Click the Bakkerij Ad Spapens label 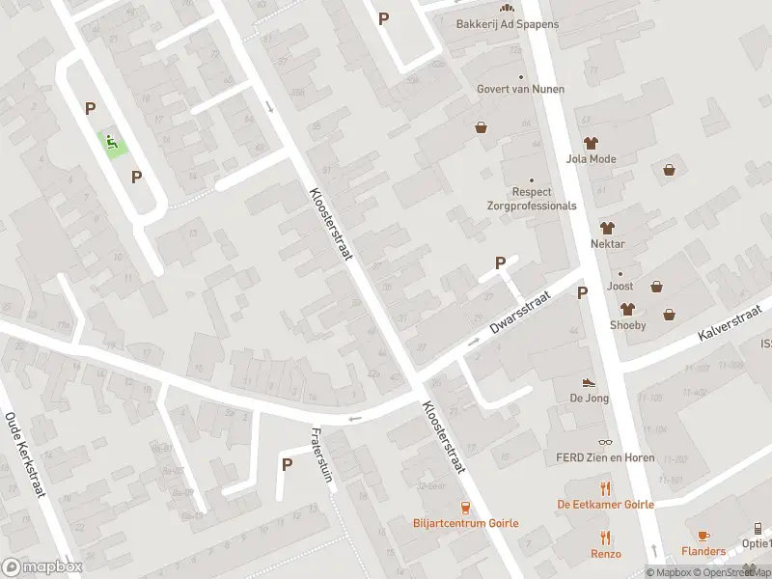tap(495, 23)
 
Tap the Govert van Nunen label tap(520, 89)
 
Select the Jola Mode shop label tap(591, 159)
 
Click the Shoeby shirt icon tap(627, 309)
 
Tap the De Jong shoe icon tap(589, 383)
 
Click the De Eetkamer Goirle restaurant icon tap(605, 488)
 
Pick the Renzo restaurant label tap(606, 554)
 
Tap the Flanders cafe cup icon tap(703, 536)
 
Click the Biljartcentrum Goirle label tap(465, 523)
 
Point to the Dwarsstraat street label tap(518, 315)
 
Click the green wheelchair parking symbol tap(113, 144)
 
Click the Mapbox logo tap(42, 567)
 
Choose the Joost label tap(619, 287)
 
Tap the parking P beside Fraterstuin tap(287, 464)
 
